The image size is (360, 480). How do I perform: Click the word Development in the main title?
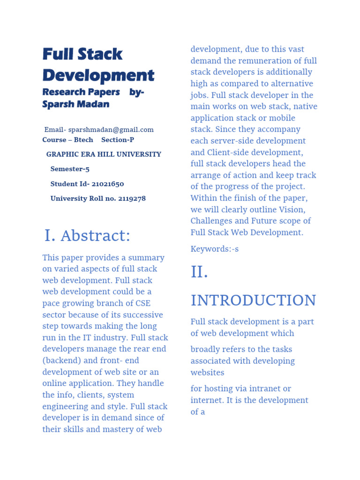pos(98,75)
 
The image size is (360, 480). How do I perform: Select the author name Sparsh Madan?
pos(75,104)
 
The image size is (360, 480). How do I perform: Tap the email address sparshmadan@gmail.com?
pos(111,130)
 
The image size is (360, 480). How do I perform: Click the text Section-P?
pos(114,140)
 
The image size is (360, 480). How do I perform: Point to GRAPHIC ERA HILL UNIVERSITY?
pos(104,154)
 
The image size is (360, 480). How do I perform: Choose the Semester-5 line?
pos(70,169)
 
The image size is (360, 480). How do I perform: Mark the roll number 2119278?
pos(132,198)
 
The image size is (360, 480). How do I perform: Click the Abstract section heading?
pos(95,236)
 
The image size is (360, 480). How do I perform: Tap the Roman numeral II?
pos(199,272)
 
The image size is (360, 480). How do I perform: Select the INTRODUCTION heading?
pos(253,300)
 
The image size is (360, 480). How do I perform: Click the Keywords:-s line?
pos(214,249)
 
